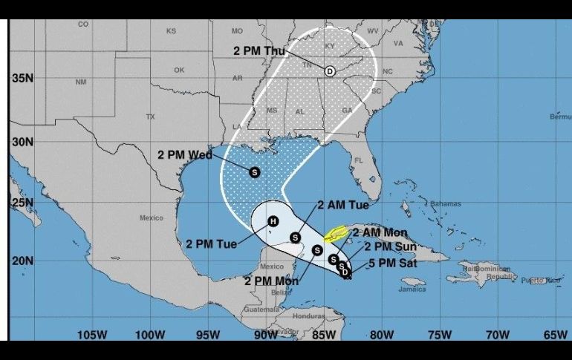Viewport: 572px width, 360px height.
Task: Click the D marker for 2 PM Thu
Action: (x=329, y=71)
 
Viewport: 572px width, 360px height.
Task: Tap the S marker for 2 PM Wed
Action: (x=255, y=171)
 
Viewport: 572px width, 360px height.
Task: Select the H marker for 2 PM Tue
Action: (x=273, y=220)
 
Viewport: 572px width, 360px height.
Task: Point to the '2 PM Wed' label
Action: (x=185, y=154)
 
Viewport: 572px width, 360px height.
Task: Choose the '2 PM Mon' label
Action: (x=271, y=281)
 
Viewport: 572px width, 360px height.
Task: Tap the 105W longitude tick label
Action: (x=92, y=335)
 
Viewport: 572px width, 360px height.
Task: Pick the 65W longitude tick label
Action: (x=554, y=335)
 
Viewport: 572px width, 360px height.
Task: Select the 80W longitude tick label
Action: (x=381, y=335)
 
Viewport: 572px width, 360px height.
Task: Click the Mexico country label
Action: (x=151, y=217)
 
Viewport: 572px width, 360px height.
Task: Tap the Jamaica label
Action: (x=413, y=289)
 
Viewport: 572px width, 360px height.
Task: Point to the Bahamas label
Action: (x=446, y=203)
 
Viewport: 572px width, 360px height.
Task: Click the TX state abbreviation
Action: (x=150, y=117)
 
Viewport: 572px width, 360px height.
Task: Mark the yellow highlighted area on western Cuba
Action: (x=337, y=235)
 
